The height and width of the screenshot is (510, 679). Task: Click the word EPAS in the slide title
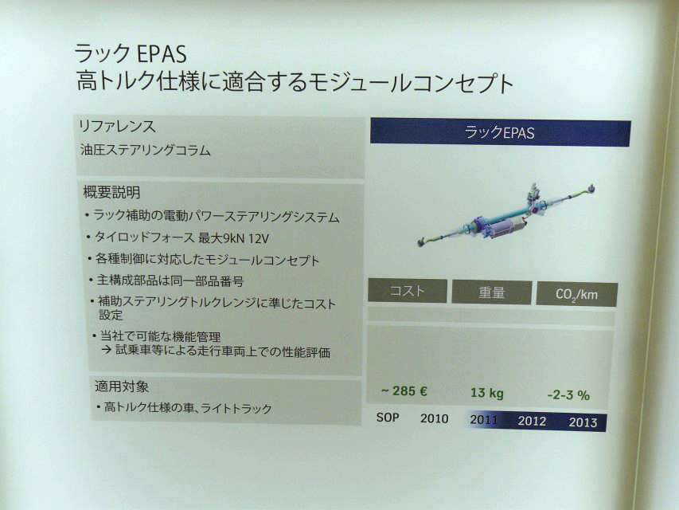click(x=161, y=53)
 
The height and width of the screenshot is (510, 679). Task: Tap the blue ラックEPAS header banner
click(x=500, y=133)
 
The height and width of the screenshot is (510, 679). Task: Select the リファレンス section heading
click(x=117, y=126)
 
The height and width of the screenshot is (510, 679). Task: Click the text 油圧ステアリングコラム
click(x=146, y=150)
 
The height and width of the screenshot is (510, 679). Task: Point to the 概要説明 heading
click(x=111, y=192)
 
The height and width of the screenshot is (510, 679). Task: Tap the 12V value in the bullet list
click(x=260, y=238)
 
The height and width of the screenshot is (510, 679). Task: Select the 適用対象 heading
click(x=122, y=386)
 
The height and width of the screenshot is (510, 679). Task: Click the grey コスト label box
click(x=407, y=291)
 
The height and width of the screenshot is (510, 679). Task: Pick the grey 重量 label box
click(x=491, y=292)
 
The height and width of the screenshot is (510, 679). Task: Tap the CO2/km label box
click(x=577, y=295)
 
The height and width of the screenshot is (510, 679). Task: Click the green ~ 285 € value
click(x=404, y=391)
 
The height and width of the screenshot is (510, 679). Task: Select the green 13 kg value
click(x=487, y=393)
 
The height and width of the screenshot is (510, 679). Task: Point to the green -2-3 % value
click(x=568, y=395)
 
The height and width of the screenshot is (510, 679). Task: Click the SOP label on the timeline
click(x=388, y=418)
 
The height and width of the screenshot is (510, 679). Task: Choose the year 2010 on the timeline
click(x=435, y=418)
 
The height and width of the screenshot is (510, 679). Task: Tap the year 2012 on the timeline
click(x=532, y=421)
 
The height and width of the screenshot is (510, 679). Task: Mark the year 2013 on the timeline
click(x=583, y=422)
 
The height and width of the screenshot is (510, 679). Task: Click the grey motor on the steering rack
click(x=505, y=226)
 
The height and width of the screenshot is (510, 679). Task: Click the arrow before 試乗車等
click(x=107, y=350)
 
